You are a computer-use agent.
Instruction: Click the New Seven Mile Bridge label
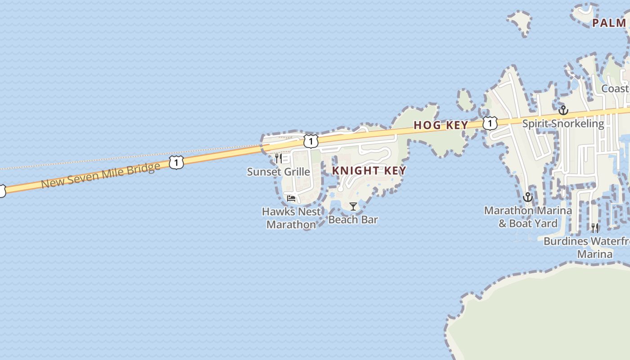pos(100,175)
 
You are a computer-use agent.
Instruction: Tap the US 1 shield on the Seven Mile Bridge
pos(176,162)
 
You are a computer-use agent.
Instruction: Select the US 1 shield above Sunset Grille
pos(310,141)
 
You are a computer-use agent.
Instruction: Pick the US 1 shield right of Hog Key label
pos(490,123)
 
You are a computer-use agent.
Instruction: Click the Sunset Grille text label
pos(279,171)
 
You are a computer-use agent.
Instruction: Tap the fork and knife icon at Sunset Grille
pos(278,158)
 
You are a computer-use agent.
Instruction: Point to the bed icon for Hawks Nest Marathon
pos(291,198)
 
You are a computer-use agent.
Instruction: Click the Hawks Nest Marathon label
pos(292,218)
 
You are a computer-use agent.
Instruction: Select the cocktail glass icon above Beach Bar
pos(353,207)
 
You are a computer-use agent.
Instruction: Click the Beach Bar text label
pos(353,220)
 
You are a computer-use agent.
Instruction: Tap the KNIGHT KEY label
pos(369,171)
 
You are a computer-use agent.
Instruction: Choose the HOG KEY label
pos(441,125)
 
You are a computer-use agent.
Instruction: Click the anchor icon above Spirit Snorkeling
pos(563,110)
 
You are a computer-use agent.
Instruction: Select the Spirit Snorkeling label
pos(563,123)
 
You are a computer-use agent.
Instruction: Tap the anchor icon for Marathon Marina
pos(528,197)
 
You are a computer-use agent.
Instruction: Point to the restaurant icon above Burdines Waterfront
pos(595,228)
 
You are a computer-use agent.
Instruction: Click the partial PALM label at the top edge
pos(610,23)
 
